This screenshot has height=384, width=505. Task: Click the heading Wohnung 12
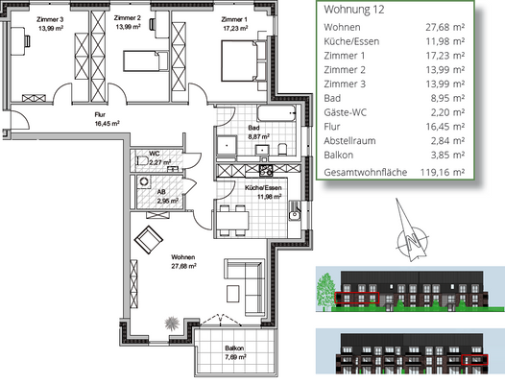click(356, 10)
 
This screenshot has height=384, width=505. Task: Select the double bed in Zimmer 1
click(236, 65)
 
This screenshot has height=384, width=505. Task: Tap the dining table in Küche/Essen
click(230, 219)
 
